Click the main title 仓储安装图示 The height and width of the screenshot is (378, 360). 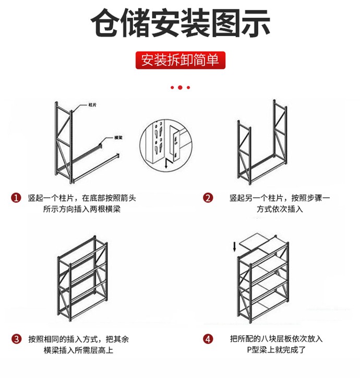coord(180,23)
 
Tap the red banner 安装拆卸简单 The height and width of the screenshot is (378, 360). coord(180,60)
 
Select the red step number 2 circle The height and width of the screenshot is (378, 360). coord(208,198)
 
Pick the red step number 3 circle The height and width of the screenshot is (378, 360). coord(16,339)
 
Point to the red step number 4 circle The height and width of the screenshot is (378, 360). coord(208,339)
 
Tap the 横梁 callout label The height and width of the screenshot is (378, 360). coord(118,138)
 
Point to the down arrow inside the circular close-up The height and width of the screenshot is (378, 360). coord(166,164)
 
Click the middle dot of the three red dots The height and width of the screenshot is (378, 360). coord(180,87)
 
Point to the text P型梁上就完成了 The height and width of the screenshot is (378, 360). coord(276,350)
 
